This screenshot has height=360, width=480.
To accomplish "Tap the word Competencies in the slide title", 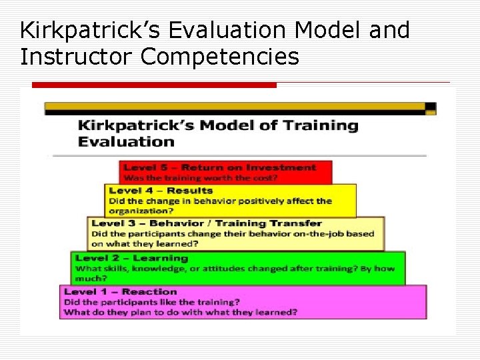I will tap(219, 57).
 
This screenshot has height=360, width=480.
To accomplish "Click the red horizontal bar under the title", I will tap(154, 85).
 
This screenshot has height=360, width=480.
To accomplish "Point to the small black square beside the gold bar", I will tap(431, 107).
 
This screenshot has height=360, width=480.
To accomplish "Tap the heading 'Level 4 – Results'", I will tap(161, 191).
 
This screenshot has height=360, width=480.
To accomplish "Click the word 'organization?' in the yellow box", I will tap(139, 211).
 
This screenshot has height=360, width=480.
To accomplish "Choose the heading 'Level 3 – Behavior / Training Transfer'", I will tap(207, 223).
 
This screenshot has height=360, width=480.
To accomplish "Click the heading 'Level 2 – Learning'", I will tap(132, 258).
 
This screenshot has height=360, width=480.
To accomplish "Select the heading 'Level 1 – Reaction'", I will tap(121, 291).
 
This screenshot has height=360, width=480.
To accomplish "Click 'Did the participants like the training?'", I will tap(152, 302).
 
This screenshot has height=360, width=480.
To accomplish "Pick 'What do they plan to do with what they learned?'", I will tap(181, 312).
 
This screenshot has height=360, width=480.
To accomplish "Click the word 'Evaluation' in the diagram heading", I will tap(126, 141).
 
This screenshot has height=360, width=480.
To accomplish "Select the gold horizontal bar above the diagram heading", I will tap(233, 107).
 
